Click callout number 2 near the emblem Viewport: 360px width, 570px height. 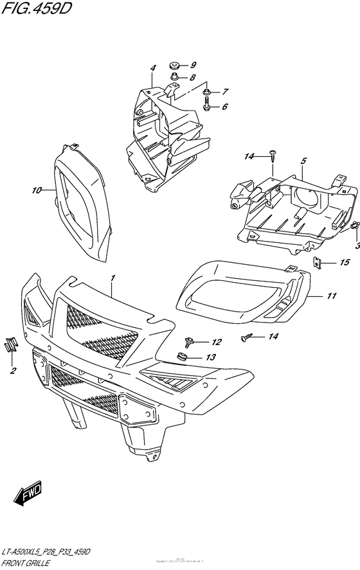11,371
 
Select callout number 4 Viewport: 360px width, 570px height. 153,68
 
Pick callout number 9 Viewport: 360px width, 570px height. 193,65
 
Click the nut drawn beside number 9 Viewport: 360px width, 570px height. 174,65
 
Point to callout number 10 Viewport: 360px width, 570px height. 36,190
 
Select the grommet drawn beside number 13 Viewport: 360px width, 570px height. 182,357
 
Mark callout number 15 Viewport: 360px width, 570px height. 345,263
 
